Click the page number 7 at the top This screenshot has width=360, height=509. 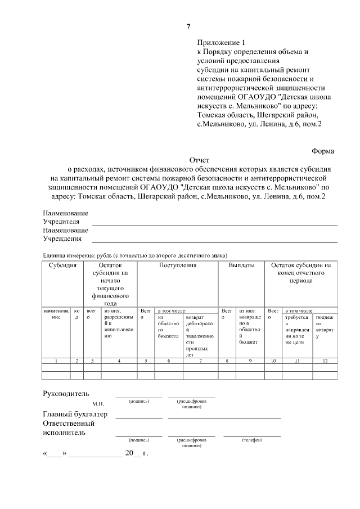click(x=188, y=26)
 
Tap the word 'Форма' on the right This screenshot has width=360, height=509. click(x=323, y=151)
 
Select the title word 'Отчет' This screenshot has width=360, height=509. click(x=199, y=160)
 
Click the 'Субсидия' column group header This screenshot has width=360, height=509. click(x=62, y=265)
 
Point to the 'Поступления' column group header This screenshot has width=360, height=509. click(x=177, y=265)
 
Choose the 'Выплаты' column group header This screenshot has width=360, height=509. click(x=241, y=265)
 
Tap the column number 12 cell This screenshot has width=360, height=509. click(x=325, y=360)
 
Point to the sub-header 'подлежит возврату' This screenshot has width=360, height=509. click(x=325, y=327)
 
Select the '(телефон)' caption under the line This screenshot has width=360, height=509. click(x=251, y=440)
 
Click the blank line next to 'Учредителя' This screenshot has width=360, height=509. click(x=214, y=224)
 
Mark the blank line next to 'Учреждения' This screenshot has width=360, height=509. click(x=214, y=241)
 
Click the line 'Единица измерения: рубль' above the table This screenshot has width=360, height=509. click(x=135, y=255)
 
